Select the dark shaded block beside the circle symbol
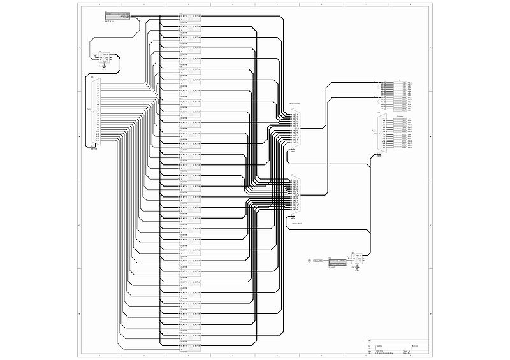point(337,261)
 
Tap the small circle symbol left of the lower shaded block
point(310,261)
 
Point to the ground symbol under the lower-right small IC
point(358,268)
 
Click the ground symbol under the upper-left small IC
point(104,64)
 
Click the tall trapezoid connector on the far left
point(94,112)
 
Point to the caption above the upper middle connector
point(295,104)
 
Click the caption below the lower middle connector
point(296,224)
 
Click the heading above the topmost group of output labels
point(400,80)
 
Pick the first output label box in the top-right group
point(407,83)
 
